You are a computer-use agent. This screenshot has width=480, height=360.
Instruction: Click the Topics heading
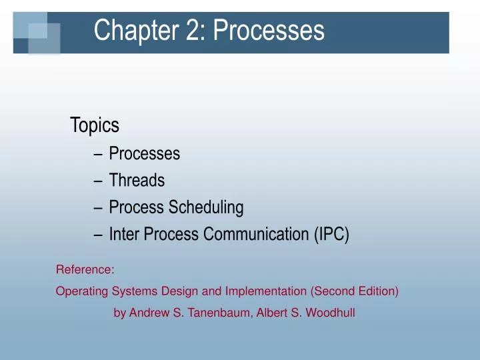95,125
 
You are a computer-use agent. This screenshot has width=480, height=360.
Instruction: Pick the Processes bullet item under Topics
145,153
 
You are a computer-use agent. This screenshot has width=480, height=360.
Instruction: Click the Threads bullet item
137,180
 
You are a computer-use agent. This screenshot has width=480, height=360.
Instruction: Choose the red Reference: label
85,270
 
